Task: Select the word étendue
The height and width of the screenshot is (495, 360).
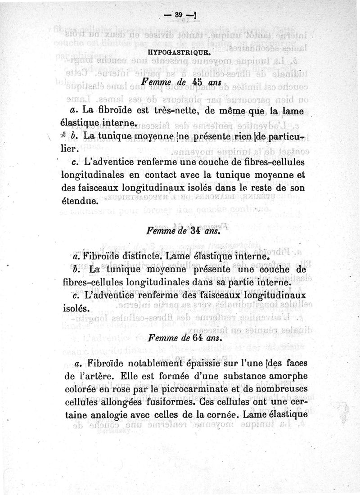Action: [x=79, y=198]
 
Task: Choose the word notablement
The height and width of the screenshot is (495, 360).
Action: [x=143, y=363]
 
